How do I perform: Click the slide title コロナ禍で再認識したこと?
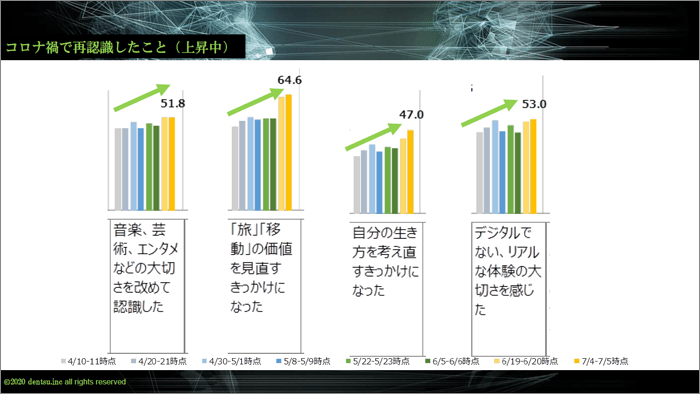[119, 47]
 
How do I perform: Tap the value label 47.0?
[412, 115]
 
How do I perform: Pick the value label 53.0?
[534, 103]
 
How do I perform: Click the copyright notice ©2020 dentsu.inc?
[64, 382]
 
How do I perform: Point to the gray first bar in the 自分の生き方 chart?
[357, 178]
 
